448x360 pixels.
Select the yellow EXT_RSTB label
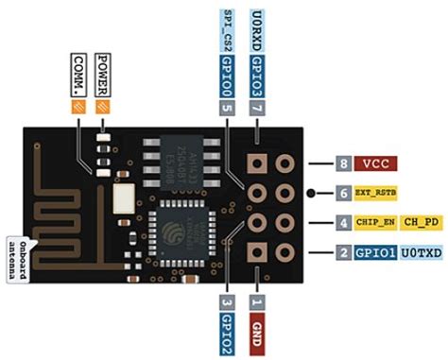(x=377, y=193)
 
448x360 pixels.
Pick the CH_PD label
(x=421, y=223)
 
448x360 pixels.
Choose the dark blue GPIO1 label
(x=375, y=253)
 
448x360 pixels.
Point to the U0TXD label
(x=421, y=253)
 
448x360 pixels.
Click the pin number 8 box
(x=343, y=163)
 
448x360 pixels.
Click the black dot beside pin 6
(x=311, y=193)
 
